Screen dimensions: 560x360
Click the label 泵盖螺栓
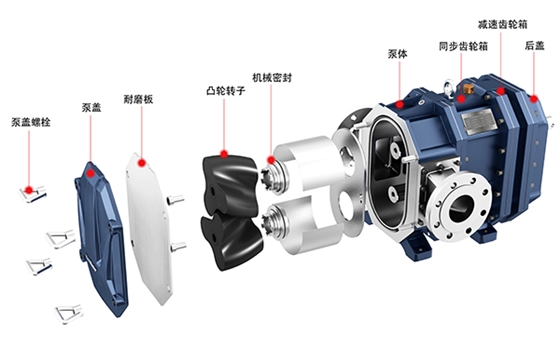coord(31,122)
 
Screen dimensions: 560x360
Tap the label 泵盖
coord(91,107)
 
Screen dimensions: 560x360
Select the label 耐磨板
coord(138,99)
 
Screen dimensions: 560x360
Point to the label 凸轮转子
coord(226,90)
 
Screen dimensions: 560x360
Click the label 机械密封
coord(272,78)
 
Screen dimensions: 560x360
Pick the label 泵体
coord(398,54)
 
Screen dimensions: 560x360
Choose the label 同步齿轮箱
coord(463,46)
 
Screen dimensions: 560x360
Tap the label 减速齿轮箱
coord(502,24)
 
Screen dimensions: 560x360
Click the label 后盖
coord(535,46)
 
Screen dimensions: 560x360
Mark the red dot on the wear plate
coord(142,163)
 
